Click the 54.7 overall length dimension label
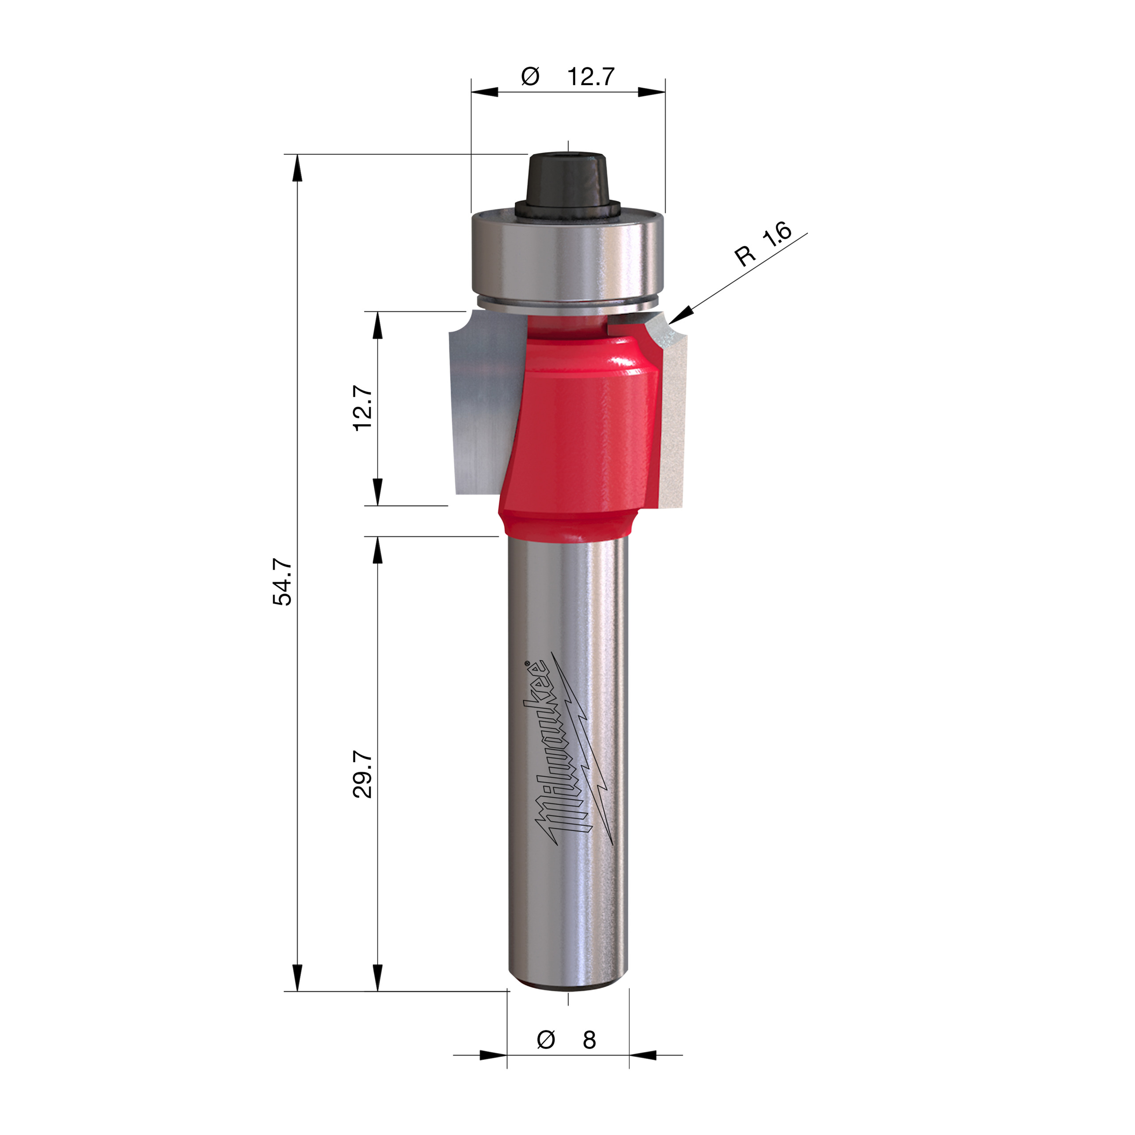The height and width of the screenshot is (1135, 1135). pyautogui.click(x=282, y=582)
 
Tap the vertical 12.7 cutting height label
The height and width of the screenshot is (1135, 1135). pyautogui.click(x=363, y=408)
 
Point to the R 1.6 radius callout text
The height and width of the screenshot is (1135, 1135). pyautogui.click(x=763, y=245)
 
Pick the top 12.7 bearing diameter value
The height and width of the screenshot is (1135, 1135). pyautogui.click(x=591, y=77)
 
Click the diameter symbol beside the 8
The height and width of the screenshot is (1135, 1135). pyautogui.click(x=546, y=1040)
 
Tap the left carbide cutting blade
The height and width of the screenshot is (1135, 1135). pyautogui.click(x=479, y=405)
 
